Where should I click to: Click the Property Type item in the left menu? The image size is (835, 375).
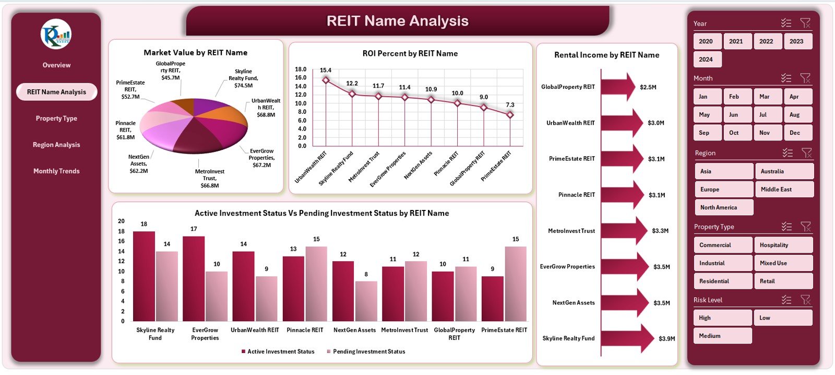[56, 119]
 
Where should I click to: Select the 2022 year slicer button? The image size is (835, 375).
[766, 41]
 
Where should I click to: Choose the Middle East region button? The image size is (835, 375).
[784, 189]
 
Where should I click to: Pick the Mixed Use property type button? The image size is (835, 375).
[783, 263]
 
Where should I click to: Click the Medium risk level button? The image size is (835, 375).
[722, 336]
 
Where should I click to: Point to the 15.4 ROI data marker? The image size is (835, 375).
[326, 80]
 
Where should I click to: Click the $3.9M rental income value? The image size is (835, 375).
[666, 338]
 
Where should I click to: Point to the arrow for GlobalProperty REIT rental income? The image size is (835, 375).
[618, 87]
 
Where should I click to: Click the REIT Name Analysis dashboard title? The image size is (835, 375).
[397, 21]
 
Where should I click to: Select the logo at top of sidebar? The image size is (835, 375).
[56, 34]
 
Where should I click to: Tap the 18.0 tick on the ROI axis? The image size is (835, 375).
[301, 69]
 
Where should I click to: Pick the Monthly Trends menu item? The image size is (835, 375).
[56, 171]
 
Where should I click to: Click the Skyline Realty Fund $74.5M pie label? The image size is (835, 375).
[243, 78]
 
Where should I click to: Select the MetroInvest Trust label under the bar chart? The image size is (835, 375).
[404, 330]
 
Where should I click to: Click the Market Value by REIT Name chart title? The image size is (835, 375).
[196, 53]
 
